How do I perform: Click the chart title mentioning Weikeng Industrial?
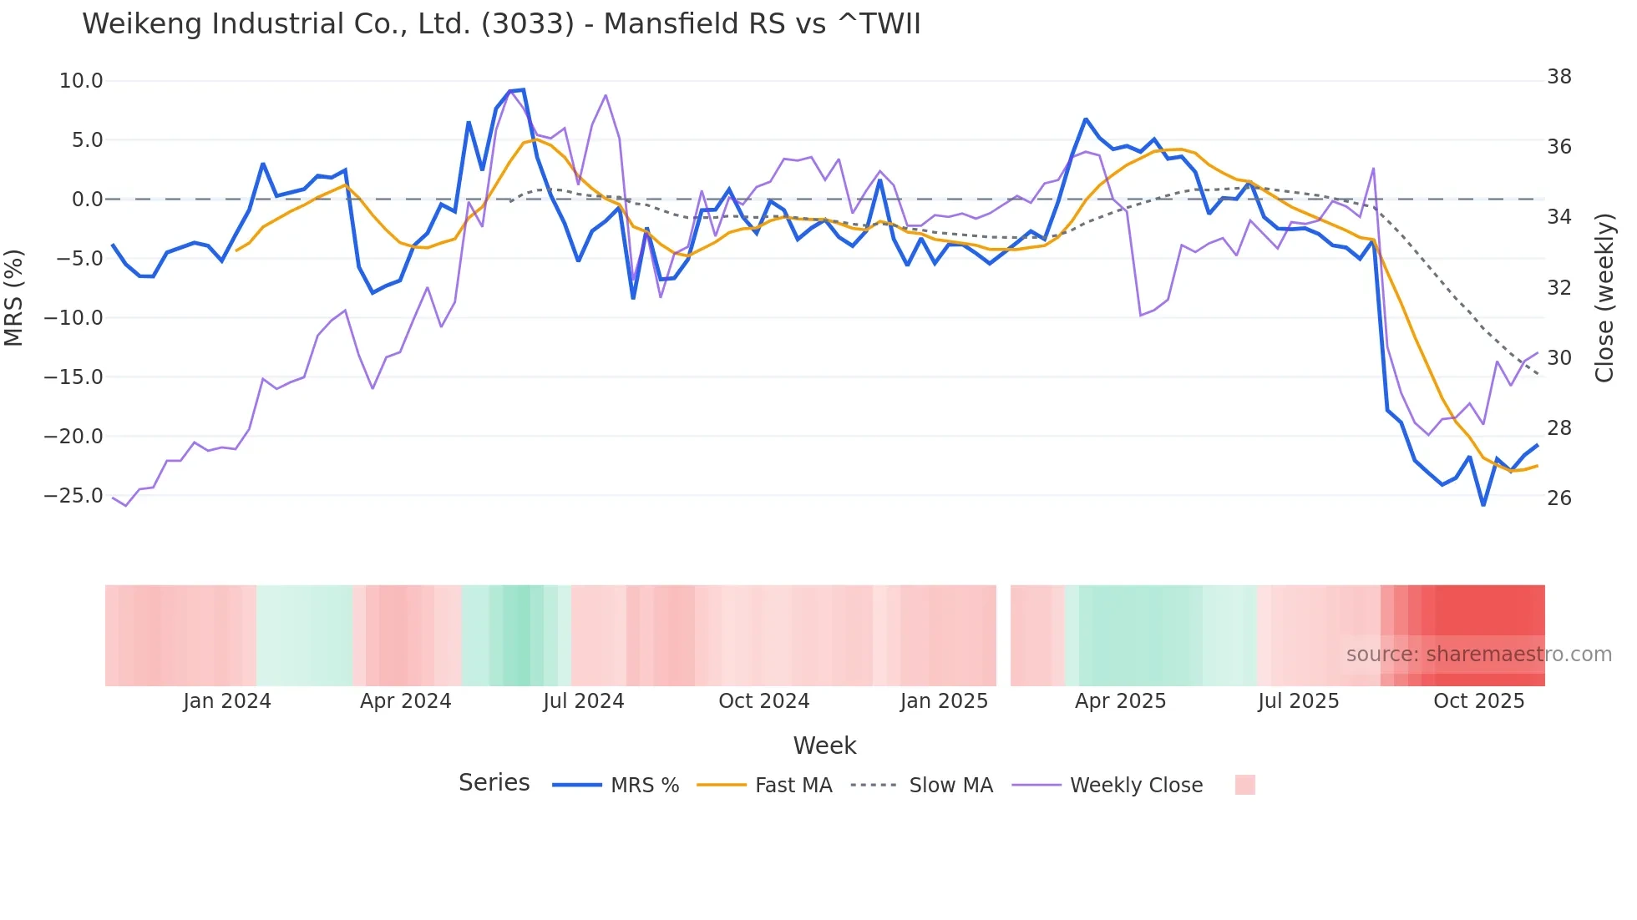point(501,23)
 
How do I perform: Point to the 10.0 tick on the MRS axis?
point(81,81)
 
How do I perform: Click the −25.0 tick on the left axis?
point(73,496)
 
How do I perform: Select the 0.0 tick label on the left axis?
point(87,200)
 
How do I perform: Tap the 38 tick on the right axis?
point(1558,77)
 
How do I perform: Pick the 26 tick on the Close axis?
point(1558,498)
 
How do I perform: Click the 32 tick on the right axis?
point(1558,287)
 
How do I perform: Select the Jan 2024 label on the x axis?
point(227,701)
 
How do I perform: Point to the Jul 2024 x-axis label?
point(583,701)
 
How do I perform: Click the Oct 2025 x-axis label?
point(1478,701)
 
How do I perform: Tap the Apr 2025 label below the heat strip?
point(1120,701)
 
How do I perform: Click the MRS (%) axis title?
point(14,297)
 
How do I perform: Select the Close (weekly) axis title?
point(1604,298)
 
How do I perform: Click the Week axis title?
point(824,746)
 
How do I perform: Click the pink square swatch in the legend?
point(1244,785)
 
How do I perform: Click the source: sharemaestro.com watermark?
point(1478,655)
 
